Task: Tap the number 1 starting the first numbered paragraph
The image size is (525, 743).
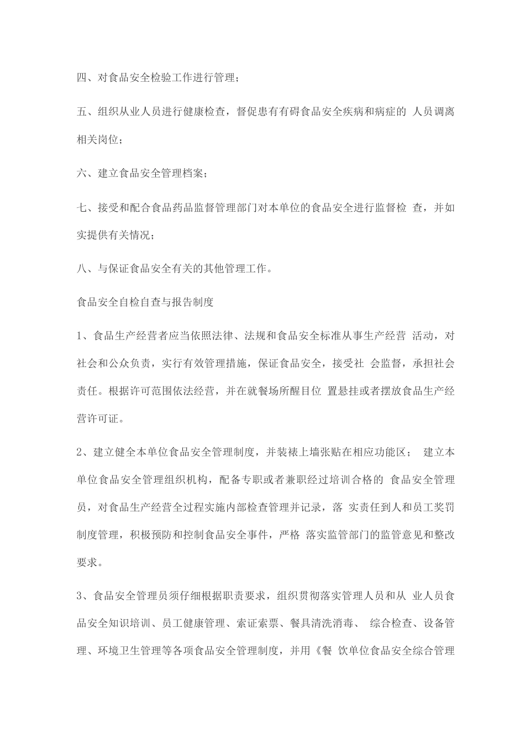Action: tap(79, 335)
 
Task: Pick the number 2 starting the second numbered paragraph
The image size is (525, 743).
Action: tap(79, 452)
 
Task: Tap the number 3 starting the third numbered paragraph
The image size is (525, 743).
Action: tap(79, 595)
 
